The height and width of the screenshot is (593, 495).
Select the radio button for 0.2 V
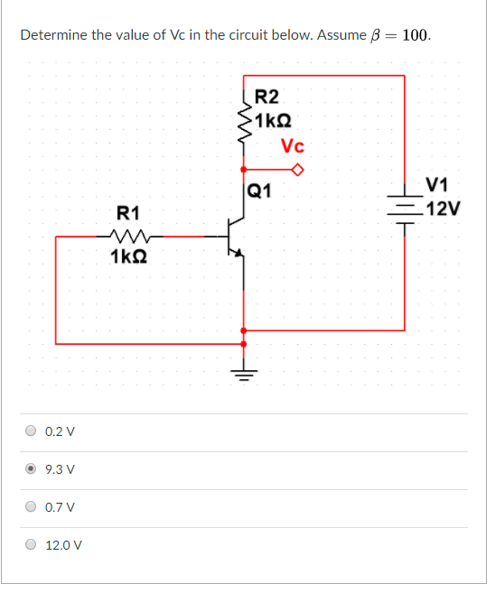click(x=33, y=431)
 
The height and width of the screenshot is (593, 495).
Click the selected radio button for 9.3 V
click(x=33, y=469)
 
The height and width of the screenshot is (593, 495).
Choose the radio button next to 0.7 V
click(x=33, y=507)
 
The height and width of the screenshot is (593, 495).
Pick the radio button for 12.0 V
click(x=33, y=545)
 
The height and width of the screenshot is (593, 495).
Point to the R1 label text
click(x=128, y=213)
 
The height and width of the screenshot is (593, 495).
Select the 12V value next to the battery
click(x=443, y=209)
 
